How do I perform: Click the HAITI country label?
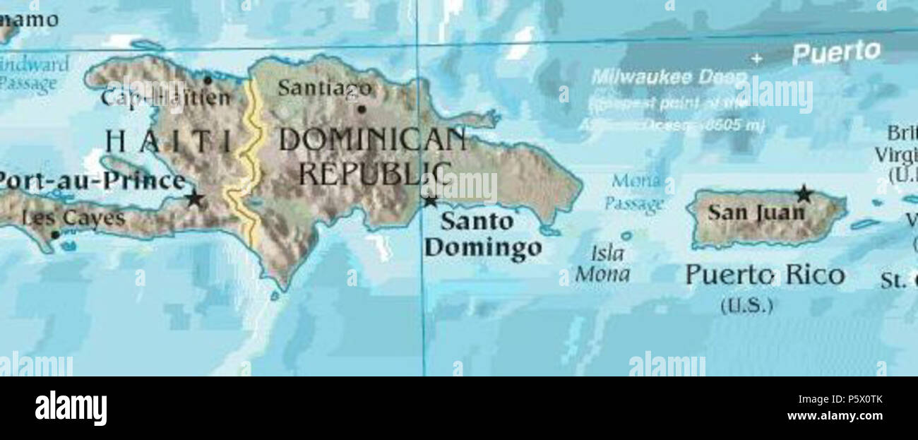coord(168,141)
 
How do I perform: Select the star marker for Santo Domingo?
coord(430,201)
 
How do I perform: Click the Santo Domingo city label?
coord(483,234)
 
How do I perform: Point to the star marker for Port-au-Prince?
coord(194,198)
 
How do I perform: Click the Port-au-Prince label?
coord(92,181)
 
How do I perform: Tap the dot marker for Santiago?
coord(362,109)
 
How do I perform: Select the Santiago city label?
coord(324,88)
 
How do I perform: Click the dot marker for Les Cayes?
coord(55,234)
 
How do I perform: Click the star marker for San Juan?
coord(803,193)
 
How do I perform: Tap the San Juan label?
coord(756,212)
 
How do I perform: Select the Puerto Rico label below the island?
coord(765,275)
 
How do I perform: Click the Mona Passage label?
coord(635,193)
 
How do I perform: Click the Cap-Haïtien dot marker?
coord(207,80)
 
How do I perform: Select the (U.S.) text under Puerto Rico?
coord(746,306)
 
